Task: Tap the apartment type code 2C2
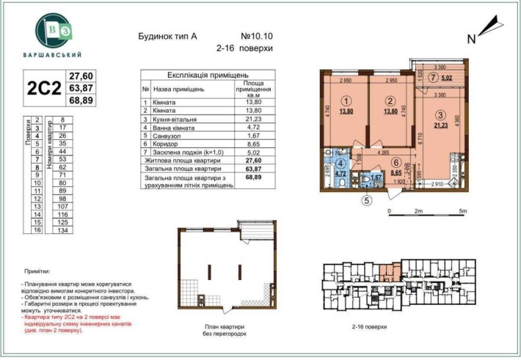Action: click(43, 89)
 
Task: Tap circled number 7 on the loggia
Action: click(434, 78)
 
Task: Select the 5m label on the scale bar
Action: click(462, 210)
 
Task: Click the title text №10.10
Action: click(256, 35)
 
